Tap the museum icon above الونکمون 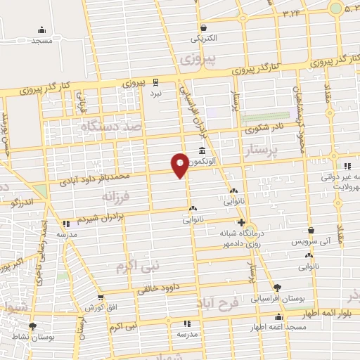point(202,151)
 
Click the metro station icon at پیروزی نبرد point(156,82)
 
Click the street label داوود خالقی point(153,288)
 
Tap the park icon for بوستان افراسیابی point(277,288)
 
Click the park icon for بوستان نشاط point(32,326)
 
